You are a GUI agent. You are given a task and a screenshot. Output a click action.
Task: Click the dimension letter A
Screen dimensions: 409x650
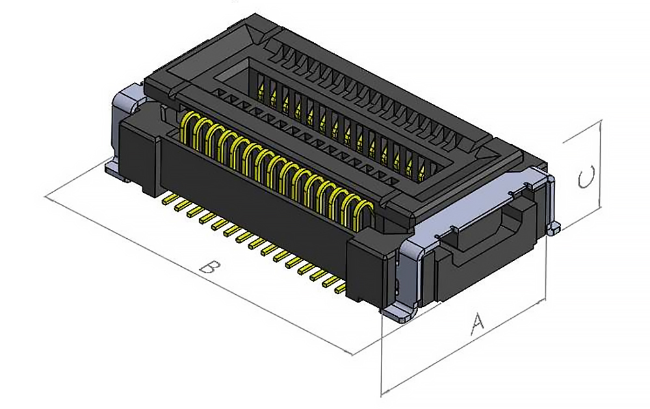[x=478, y=323]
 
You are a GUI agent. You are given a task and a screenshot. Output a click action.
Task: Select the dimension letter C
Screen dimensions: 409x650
[x=586, y=177]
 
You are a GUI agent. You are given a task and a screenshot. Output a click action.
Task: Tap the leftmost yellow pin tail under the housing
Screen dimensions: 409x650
[x=168, y=195]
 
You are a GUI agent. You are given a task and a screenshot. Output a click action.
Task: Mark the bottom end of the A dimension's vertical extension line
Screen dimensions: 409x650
[x=382, y=393]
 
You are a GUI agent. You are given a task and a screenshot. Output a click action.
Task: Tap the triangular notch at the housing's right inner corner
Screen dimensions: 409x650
[x=486, y=155]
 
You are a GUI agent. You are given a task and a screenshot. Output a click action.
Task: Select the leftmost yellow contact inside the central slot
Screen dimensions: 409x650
[x=261, y=90]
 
